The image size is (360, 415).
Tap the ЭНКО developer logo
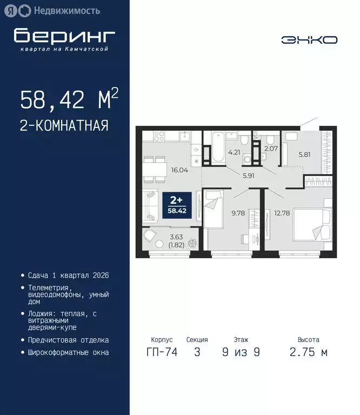click(x=309, y=40)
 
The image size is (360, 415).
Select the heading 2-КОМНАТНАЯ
click(x=64, y=126)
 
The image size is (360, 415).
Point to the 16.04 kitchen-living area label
click(x=180, y=169)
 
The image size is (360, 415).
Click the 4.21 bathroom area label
click(x=234, y=152)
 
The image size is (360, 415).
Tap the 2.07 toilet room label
click(x=270, y=148)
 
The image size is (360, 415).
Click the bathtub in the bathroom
click(x=217, y=147)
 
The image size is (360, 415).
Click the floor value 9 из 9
click(x=241, y=353)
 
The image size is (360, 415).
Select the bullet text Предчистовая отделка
click(x=68, y=340)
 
